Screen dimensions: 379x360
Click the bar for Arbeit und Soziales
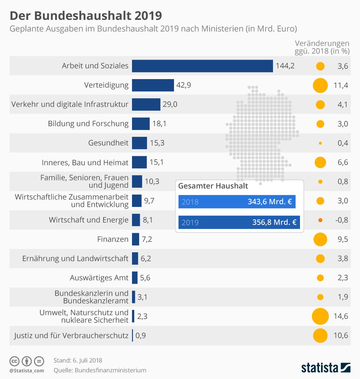[x=202, y=66]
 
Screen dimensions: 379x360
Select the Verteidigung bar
[x=153, y=85]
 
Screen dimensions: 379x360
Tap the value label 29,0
[x=170, y=105]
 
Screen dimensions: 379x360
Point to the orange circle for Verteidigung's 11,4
[x=320, y=85]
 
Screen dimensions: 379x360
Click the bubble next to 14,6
[x=320, y=316]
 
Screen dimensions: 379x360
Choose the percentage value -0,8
[x=341, y=220]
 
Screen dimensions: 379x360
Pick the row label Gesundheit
[x=108, y=143]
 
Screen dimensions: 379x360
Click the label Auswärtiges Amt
[x=99, y=278]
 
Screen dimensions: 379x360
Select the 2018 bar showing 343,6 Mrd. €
[x=237, y=202]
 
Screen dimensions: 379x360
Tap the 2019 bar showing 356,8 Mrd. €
[x=239, y=222]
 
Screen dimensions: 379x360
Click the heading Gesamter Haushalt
[x=213, y=186]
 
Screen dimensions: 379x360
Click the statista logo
[x=325, y=367]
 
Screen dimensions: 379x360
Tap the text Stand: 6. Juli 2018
[x=78, y=361]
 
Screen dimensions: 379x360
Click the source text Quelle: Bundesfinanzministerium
[x=100, y=370]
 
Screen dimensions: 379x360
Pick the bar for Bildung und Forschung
[x=141, y=124]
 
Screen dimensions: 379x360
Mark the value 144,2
[x=285, y=66]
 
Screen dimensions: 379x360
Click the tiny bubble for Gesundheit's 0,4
[x=320, y=143]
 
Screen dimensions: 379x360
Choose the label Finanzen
[x=113, y=239]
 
